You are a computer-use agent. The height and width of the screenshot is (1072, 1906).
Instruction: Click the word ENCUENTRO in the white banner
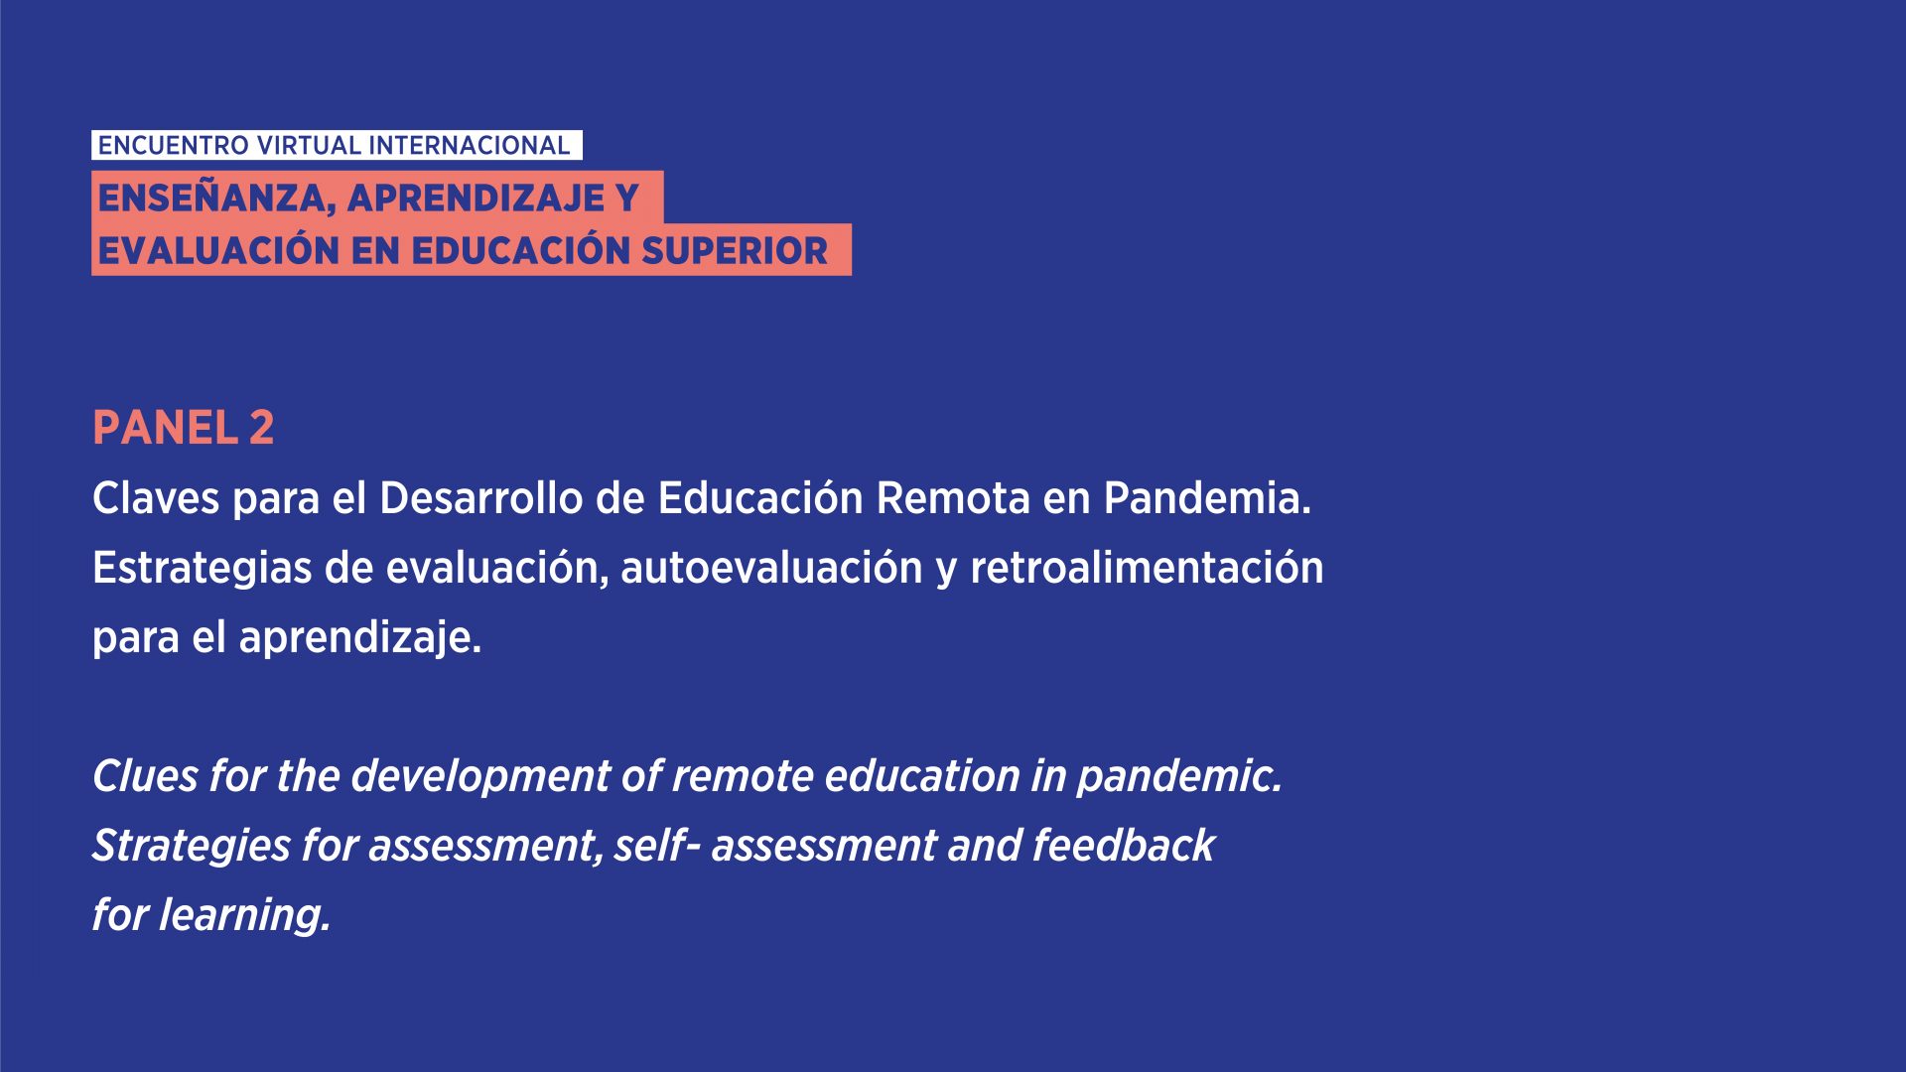click(174, 146)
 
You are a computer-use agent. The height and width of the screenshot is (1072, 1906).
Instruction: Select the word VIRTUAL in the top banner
click(309, 146)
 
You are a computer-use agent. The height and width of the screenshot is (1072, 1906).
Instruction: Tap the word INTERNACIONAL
click(470, 146)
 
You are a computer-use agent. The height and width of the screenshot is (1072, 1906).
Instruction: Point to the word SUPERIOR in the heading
click(735, 251)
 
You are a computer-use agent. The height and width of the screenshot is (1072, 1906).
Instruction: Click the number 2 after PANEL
click(262, 428)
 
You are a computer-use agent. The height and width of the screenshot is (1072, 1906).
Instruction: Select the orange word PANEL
click(166, 428)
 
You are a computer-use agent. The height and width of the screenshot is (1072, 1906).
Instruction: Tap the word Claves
click(156, 498)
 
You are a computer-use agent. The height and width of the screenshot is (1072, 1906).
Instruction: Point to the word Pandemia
click(1207, 498)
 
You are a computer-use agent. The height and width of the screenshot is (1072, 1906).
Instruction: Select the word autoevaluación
click(771, 568)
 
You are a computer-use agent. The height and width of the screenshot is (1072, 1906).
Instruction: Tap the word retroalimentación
click(1147, 568)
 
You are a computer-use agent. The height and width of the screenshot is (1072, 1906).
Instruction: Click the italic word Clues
click(145, 776)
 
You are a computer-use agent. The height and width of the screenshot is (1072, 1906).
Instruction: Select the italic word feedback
click(1124, 846)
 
